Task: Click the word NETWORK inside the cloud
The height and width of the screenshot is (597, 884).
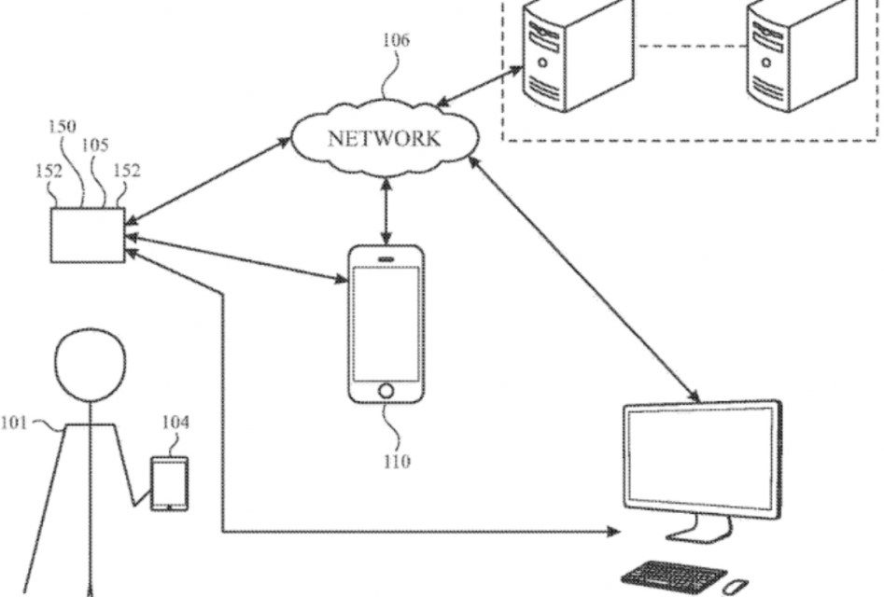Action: tap(383, 140)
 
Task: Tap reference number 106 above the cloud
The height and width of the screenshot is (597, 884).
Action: tap(396, 41)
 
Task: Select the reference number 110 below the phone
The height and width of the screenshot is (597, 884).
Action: tap(395, 461)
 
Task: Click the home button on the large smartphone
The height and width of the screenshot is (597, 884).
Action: tap(386, 389)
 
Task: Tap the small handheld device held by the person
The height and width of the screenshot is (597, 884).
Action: tap(170, 482)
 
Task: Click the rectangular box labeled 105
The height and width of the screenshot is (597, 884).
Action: tap(86, 236)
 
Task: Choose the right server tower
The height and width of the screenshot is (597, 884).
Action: tap(780, 55)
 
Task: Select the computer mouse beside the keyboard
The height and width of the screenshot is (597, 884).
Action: tap(736, 586)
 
